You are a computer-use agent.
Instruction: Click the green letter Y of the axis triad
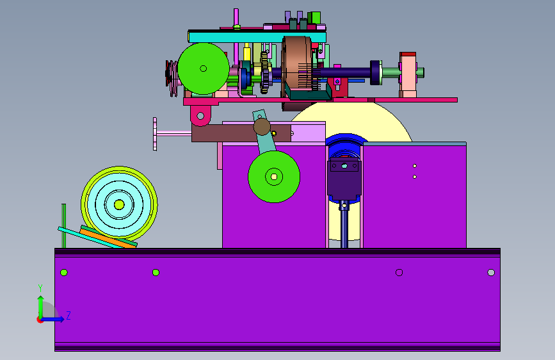[x=40, y=288]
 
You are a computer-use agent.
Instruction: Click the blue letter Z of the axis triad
[x=68, y=315]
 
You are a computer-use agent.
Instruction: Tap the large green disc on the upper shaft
[x=203, y=69]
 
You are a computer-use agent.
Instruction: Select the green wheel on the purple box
[x=274, y=176]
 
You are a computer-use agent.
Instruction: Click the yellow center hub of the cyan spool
[x=119, y=205]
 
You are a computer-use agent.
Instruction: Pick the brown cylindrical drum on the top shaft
[x=296, y=65]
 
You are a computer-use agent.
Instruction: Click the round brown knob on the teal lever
[x=262, y=126]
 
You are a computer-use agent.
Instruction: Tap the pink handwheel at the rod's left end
[x=155, y=134]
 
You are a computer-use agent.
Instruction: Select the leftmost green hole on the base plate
[x=64, y=272]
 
